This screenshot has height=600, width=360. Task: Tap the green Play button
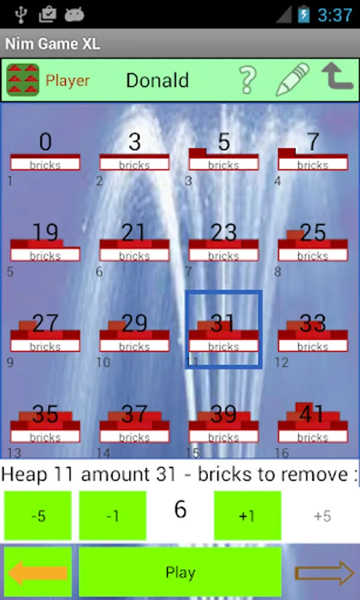(180, 572)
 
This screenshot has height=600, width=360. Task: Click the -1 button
(113, 516)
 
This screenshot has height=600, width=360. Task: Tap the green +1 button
(247, 516)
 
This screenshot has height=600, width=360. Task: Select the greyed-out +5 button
(323, 516)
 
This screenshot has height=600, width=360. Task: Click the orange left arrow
(37, 573)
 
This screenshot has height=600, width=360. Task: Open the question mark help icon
(247, 80)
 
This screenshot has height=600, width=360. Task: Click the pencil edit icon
(293, 79)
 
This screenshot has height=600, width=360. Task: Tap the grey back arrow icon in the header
(337, 77)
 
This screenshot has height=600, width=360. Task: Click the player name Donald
(157, 81)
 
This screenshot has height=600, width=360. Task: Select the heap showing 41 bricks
(313, 422)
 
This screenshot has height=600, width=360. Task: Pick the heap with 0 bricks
(45, 151)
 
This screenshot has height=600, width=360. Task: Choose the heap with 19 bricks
(45, 242)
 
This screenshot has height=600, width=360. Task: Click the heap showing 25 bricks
(313, 242)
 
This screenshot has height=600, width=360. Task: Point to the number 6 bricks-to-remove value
(180, 509)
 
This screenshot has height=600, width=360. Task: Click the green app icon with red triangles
(23, 79)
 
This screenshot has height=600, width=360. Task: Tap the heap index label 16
(281, 453)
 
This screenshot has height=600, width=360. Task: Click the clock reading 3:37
(335, 15)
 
